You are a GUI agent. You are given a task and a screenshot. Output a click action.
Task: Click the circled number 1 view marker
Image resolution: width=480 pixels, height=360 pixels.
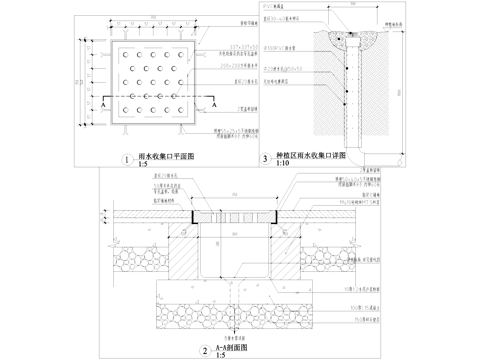[127, 158]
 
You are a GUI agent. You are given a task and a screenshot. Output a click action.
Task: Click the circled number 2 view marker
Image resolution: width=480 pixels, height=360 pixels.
[204, 350]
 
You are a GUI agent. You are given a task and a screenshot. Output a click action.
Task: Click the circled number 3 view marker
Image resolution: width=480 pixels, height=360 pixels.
[264, 158]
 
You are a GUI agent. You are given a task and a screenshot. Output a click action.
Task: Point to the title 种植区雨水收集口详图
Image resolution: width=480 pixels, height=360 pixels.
[310, 156]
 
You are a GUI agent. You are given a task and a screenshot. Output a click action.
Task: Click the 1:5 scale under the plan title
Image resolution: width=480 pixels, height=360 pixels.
[140, 164]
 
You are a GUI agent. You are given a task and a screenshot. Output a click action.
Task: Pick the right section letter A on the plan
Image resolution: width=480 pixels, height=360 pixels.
[212, 103]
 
